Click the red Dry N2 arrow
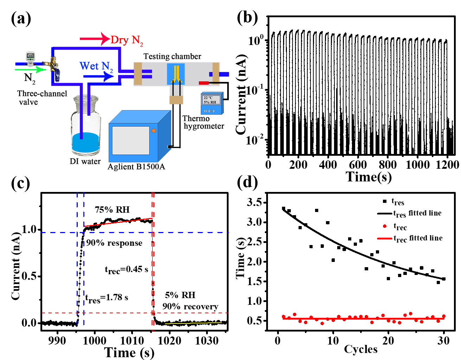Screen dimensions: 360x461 pyautogui.click(x=94, y=39)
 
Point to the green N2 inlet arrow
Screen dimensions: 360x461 pyautogui.click(x=30, y=70)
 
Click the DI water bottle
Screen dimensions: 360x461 pyautogui.click(x=85, y=127)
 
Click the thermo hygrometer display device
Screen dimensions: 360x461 pyautogui.click(x=212, y=103)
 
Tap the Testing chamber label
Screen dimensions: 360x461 pyautogui.click(x=172, y=56)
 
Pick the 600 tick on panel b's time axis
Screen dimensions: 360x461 pyautogui.click(x=358, y=165)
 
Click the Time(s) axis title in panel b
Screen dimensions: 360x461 pyautogui.click(x=369, y=176)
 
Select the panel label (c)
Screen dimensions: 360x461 pyautogui.click(x=20, y=183)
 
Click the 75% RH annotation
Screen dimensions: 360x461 pyautogui.click(x=112, y=210)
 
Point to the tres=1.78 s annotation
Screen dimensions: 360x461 pyautogui.click(x=107, y=298)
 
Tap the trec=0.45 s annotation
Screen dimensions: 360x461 pyautogui.click(x=126, y=270)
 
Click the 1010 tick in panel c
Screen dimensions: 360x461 pyautogui.click(x=132, y=340)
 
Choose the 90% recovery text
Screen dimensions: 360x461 pyautogui.click(x=190, y=307)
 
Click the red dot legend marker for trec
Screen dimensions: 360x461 pyautogui.click(x=385, y=226)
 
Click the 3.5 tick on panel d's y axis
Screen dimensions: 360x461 pyautogui.click(x=254, y=202)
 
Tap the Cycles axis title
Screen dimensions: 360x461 pyautogui.click(x=360, y=349)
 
